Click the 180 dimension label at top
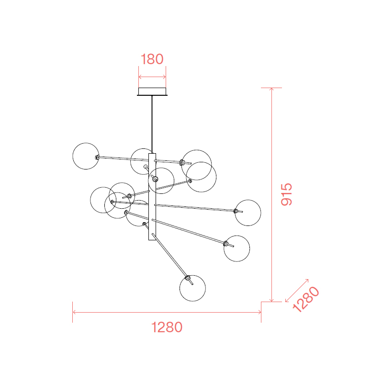tap(152, 59)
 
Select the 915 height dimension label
tap(286, 194)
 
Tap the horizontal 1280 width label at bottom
tap(167, 327)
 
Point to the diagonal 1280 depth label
tap(306, 300)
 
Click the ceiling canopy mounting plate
tap(152, 91)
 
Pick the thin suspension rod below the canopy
tap(152, 124)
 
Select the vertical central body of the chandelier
tap(152, 197)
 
